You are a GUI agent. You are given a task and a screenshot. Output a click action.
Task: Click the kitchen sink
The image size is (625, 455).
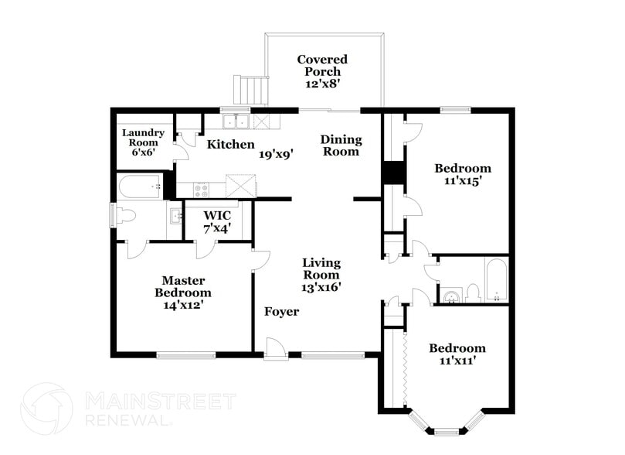236,121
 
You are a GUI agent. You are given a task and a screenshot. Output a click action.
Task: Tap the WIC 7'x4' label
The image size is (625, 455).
217,221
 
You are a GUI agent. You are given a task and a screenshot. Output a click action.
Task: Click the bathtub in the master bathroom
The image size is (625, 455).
140,186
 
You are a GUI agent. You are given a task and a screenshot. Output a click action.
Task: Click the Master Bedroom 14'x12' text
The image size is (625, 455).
183,292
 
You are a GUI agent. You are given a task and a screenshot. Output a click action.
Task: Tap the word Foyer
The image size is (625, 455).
281,312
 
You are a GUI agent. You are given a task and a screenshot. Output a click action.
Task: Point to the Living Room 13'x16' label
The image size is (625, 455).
321,275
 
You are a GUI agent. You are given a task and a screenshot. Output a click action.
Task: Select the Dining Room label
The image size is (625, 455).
341,145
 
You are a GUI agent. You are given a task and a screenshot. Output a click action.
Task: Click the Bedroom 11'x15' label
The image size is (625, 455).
462,174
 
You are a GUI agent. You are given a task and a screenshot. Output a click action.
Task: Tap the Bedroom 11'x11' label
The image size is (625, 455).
457,354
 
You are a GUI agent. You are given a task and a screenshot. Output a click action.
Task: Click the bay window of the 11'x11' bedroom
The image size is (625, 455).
446,425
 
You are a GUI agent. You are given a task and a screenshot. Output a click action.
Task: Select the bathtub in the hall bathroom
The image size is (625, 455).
496,280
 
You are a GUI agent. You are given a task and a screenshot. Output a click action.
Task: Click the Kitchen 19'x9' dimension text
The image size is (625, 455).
275,154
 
